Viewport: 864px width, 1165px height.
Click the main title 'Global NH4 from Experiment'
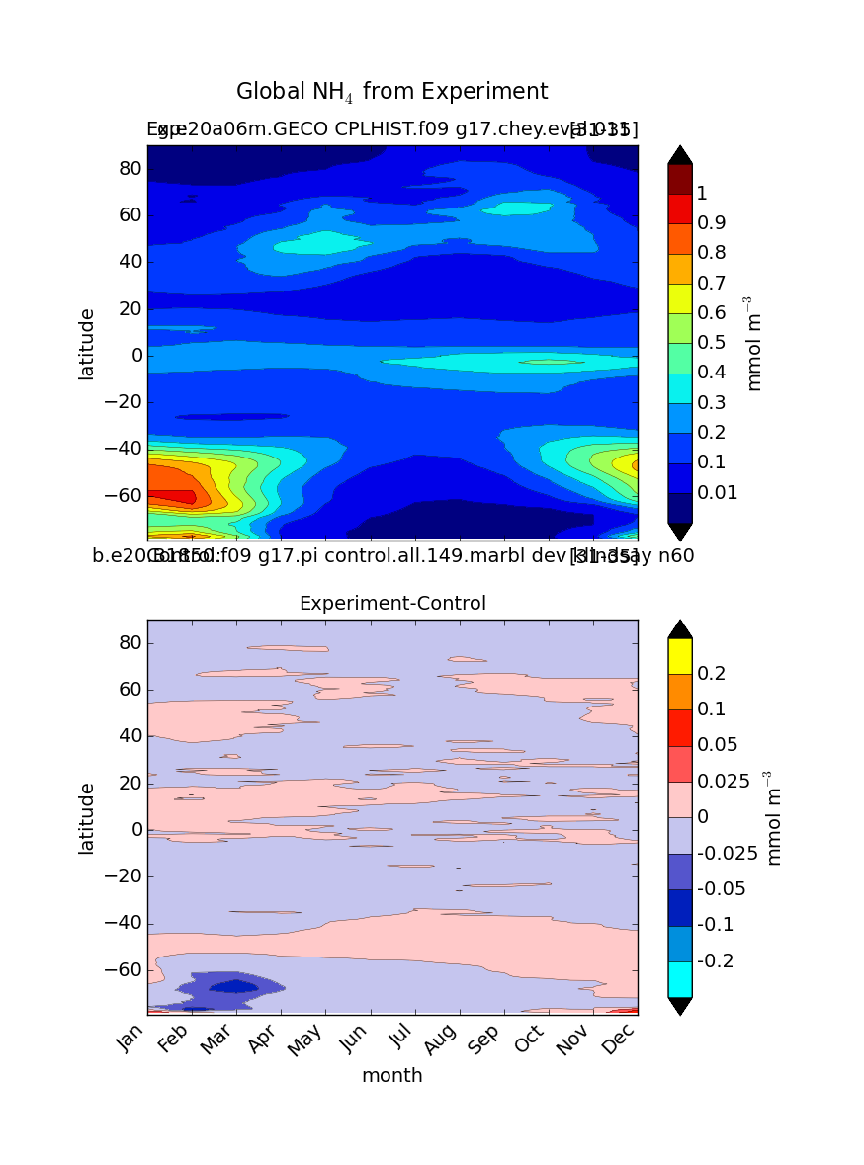391,92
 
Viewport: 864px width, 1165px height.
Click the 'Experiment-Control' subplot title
392,603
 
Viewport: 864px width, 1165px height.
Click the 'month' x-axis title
391,1076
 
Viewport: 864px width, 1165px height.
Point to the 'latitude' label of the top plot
87,343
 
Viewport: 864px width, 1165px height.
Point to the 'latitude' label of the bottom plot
87,817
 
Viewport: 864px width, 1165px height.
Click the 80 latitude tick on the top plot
131,168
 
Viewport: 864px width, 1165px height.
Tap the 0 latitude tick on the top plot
137,355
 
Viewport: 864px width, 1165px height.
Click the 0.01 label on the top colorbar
718,493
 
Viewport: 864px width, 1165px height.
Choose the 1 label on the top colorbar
701,193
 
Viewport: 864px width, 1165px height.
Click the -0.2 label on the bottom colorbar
715,960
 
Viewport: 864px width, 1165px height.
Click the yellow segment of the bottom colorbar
680,656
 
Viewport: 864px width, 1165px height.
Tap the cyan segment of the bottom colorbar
680,979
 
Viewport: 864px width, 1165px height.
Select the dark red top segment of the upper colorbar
680,179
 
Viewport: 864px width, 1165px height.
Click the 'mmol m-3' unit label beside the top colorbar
754,343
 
